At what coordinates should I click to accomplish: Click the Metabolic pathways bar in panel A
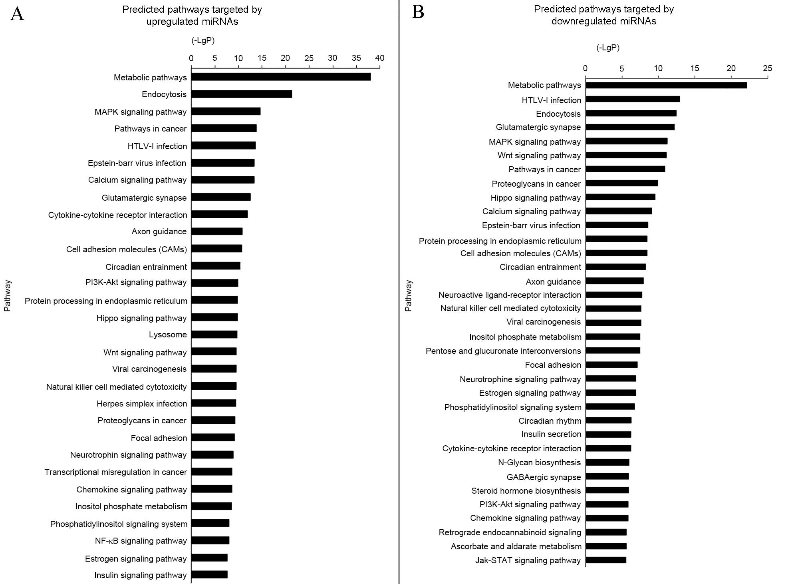point(281,77)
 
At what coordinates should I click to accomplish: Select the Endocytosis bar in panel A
point(242,94)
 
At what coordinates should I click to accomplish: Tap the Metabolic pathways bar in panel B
point(666,85)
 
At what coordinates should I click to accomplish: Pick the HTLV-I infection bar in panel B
point(633,99)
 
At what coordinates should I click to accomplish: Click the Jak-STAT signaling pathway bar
point(606,560)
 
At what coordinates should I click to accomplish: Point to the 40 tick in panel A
point(380,58)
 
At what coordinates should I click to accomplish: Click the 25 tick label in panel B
point(767,68)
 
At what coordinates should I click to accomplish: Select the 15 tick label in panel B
point(695,68)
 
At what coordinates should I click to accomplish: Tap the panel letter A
point(17,14)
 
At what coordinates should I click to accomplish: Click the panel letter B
point(418,12)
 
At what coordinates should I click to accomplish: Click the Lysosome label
point(168,335)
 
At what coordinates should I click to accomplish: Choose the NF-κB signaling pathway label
point(141,541)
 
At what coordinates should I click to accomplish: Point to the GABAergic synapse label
point(544,477)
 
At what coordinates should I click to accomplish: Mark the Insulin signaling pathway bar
point(210,574)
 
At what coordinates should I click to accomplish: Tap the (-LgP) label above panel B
point(608,48)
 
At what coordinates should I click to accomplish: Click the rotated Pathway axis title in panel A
point(8,296)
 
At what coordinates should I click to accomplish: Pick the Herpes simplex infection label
point(142,404)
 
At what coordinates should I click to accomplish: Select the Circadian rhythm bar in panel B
point(608,421)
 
